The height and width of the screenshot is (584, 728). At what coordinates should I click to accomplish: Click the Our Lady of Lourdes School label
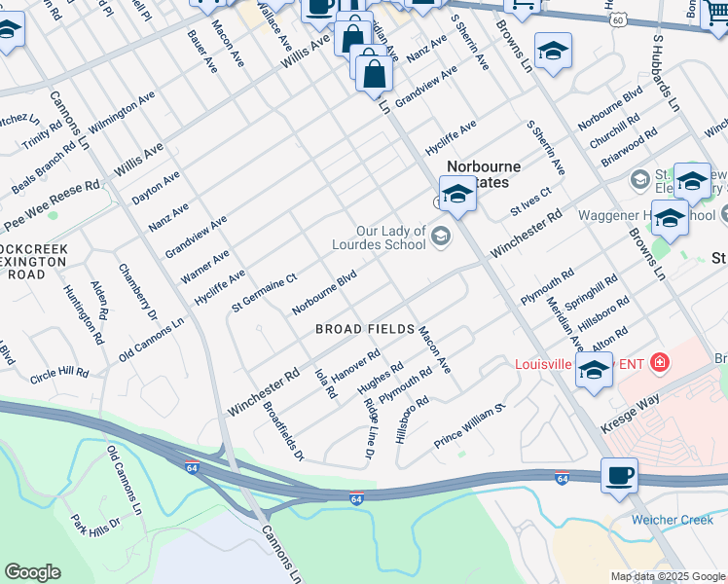391,237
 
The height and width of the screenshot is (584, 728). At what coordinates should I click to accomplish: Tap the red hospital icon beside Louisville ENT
660,363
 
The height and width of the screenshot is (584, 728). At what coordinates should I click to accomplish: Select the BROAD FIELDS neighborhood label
365,330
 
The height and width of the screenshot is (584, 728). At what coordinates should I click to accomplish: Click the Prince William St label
471,426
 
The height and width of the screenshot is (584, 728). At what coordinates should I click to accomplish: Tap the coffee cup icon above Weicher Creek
619,478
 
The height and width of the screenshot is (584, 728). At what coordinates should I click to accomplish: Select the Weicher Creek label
672,520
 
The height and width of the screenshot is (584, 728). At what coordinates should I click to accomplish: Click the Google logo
32,572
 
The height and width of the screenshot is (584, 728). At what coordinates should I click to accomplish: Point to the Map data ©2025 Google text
667,576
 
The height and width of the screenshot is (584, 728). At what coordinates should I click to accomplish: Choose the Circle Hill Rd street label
58,373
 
